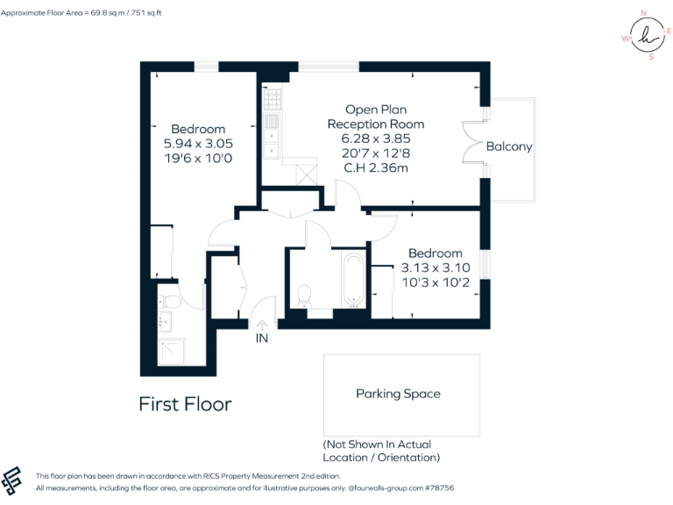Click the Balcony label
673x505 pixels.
pyautogui.click(x=509, y=146)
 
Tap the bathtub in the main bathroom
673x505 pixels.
pyautogui.click(x=354, y=281)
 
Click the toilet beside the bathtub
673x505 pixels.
pyautogui.click(x=304, y=296)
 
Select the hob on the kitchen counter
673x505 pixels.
pyautogui.click(x=273, y=97)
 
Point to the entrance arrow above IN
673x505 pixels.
pyautogui.click(x=261, y=324)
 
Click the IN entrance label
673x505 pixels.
pyautogui.click(x=261, y=338)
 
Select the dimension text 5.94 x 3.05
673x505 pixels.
pyautogui.click(x=198, y=143)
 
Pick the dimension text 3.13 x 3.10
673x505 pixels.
pyautogui.click(x=435, y=267)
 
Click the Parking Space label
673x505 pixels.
pyautogui.click(x=398, y=394)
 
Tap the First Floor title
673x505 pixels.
pyautogui.click(x=185, y=403)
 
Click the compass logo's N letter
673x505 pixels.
pyautogui.click(x=644, y=13)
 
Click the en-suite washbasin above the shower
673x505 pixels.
pyautogui.click(x=166, y=322)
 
